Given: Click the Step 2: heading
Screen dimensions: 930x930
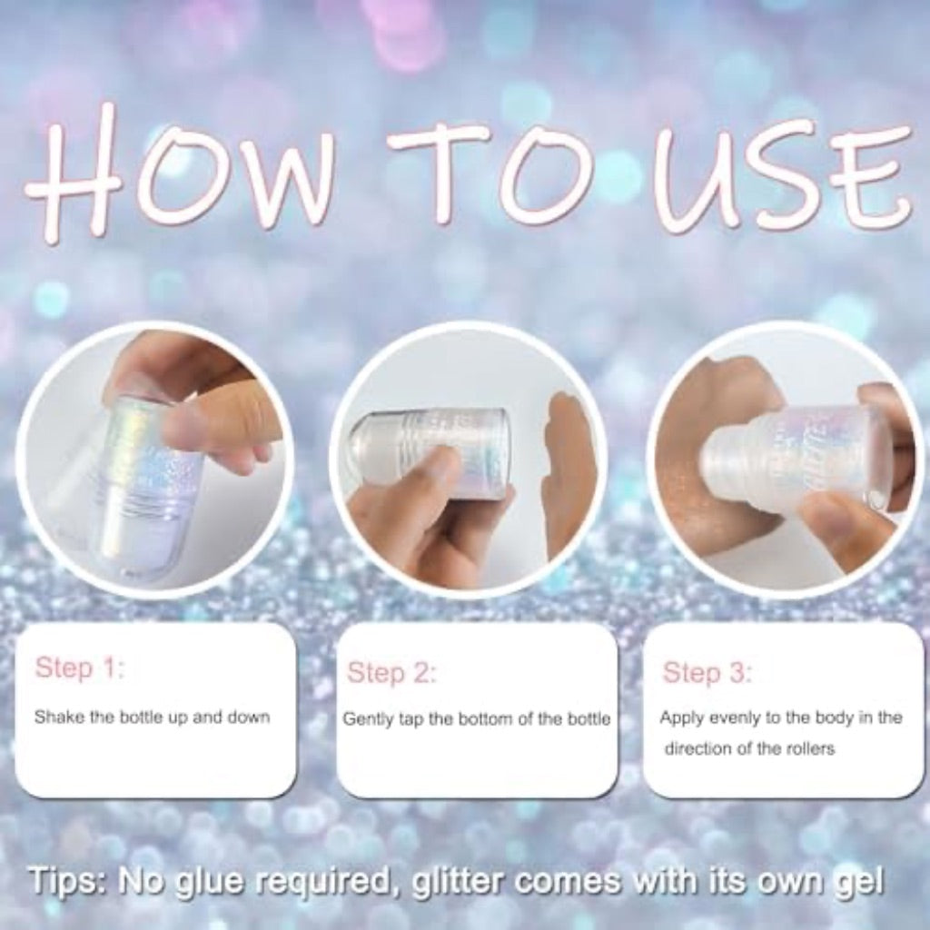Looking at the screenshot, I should click(391, 673).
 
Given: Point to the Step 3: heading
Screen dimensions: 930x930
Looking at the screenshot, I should click(707, 673).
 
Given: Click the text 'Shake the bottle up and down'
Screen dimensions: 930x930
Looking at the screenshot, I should click(152, 717).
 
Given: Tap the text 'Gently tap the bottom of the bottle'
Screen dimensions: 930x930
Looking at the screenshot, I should click(477, 719).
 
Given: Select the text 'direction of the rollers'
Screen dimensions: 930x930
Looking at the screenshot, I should click(749, 749).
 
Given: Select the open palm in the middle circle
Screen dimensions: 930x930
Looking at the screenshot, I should click(569, 472).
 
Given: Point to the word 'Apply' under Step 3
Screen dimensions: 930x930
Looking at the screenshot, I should click(680, 717).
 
